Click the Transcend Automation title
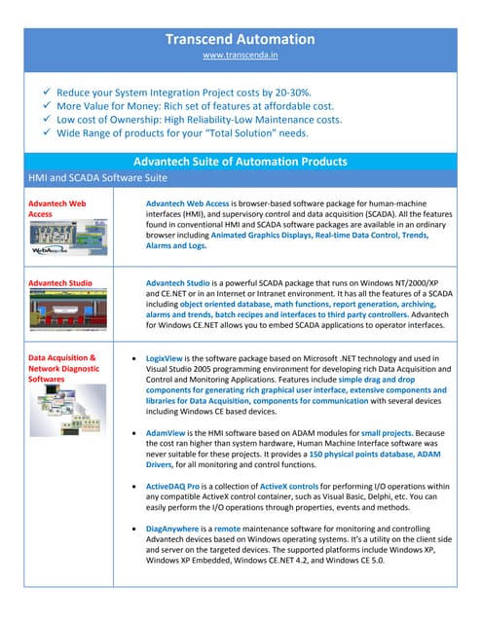coord(240,39)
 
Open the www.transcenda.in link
coord(240,57)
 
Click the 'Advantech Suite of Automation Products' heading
coord(240,161)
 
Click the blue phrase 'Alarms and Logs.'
coord(179,246)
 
